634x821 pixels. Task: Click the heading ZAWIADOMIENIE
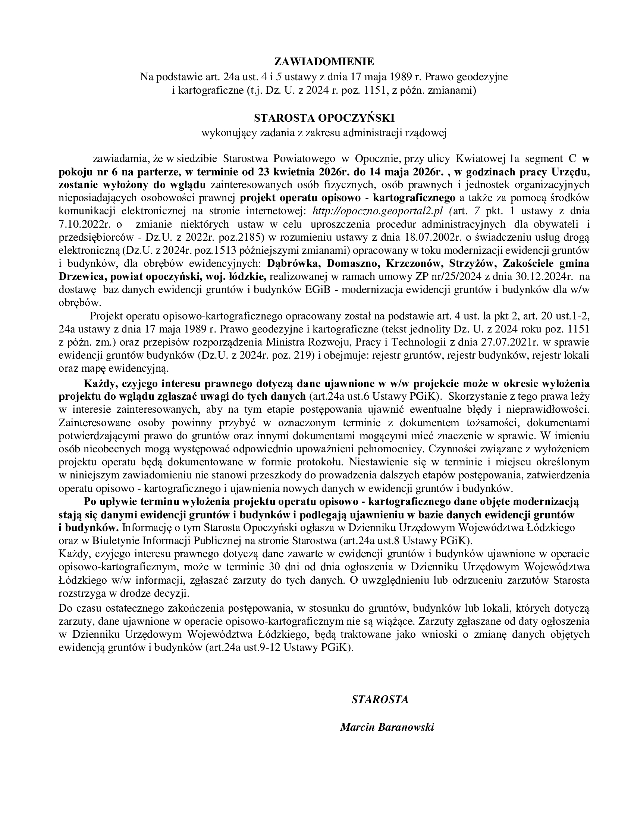[324, 62]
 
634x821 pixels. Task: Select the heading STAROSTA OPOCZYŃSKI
[324, 118]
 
